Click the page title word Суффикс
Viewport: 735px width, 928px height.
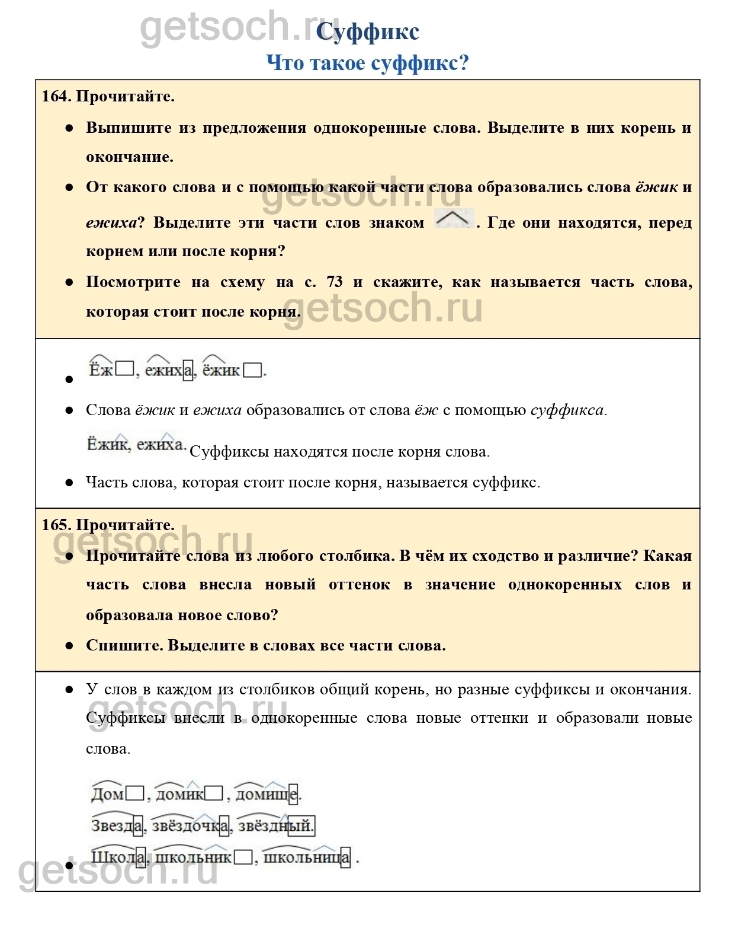pyautogui.click(x=367, y=32)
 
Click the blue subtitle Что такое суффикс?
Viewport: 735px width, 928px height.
pyautogui.click(x=367, y=63)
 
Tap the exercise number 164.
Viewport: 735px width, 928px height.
pyautogui.click(x=55, y=96)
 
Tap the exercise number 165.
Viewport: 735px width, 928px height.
pyautogui.click(x=55, y=525)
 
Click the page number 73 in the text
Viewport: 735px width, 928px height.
pyautogui.click(x=335, y=282)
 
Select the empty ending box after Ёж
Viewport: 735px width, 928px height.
pyautogui.click(x=124, y=369)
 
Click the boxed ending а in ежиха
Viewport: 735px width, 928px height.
pyautogui.click(x=188, y=371)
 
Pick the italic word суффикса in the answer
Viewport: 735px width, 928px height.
pyautogui.click(x=567, y=410)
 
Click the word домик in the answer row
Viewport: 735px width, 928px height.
pyautogui.click(x=179, y=793)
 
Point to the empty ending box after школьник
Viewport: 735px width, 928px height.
pyautogui.click(x=243, y=857)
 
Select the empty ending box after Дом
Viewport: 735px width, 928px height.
pyautogui.click(x=134, y=793)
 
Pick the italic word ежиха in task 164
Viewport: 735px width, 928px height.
pyautogui.click(x=111, y=222)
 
